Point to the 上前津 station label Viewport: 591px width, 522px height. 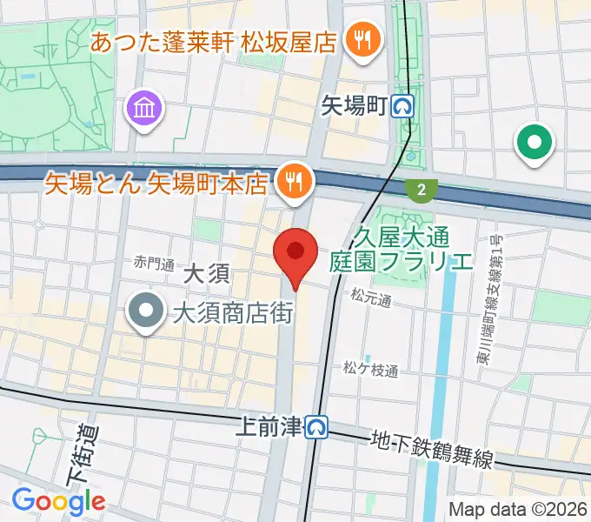tap(269, 426)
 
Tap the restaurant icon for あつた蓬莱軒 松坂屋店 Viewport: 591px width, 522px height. tap(358, 40)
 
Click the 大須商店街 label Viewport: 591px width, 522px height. tap(231, 314)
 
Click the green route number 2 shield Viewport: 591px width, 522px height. tap(422, 189)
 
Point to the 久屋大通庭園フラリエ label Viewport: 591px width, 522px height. tap(402, 247)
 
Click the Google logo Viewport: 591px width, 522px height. tap(58, 500)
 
